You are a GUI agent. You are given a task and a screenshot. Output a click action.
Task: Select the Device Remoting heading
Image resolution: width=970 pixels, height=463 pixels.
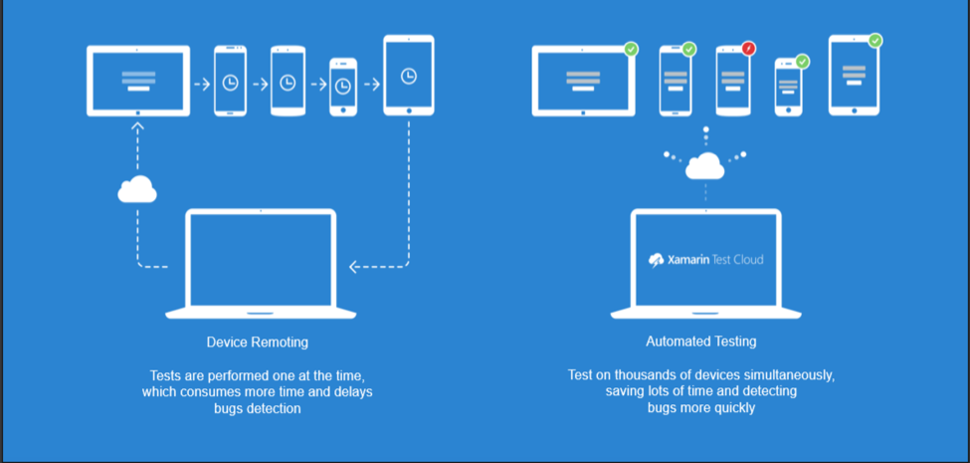(258, 343)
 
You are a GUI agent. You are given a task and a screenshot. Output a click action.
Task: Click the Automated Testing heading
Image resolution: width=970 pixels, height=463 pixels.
(700, 342)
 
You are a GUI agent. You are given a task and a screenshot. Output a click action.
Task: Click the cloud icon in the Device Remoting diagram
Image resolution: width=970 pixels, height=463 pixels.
(137, 188)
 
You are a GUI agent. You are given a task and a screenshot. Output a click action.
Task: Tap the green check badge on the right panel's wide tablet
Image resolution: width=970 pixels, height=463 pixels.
(631, 49)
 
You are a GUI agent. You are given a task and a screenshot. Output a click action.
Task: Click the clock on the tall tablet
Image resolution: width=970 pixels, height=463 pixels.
(409, 77)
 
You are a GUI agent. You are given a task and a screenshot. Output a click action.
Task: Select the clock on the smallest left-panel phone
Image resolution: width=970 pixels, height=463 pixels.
(343, 87)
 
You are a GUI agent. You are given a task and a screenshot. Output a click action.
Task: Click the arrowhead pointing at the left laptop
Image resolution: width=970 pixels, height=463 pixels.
(353, 266)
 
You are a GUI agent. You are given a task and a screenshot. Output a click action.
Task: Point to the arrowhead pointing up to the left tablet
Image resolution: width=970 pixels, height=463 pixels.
(137, 126)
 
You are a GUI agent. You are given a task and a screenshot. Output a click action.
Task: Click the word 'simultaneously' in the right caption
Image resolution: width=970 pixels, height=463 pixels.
(785, 375)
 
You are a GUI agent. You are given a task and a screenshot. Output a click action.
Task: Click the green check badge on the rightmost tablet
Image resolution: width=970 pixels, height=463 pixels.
(874, 41)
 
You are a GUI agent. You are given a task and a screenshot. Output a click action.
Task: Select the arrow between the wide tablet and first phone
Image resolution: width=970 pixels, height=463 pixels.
(201, 84)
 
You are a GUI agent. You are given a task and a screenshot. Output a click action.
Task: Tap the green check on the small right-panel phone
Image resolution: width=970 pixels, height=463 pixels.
(803, 62)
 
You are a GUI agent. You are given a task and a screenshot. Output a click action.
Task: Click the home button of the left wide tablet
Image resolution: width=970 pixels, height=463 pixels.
(137, 113)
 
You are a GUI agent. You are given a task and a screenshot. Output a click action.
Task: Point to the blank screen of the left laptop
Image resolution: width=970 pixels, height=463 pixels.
(261, 259)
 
